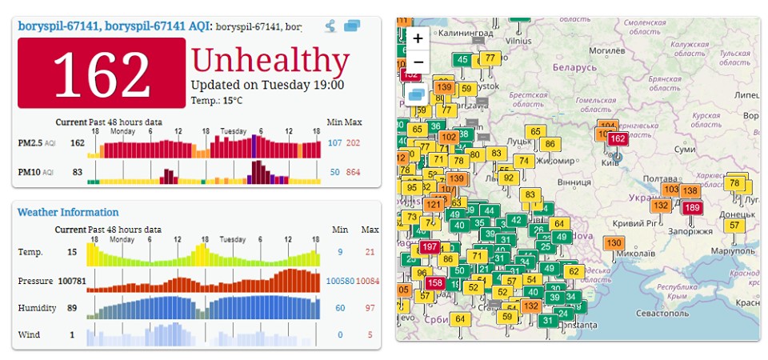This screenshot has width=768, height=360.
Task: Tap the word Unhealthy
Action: tap(270, 61)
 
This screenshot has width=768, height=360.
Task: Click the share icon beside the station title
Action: tap(331, 26)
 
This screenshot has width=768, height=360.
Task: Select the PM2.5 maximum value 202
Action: tap(353, 143)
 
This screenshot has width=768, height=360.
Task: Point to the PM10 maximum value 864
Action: tap(353, 172)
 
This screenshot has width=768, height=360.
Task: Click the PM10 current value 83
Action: tap(78, 172)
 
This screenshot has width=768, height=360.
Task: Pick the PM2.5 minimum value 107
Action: tap(334, 143)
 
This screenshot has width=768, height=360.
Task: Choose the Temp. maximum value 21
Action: tap(370, 253)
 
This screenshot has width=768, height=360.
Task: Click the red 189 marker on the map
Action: tap(692, 208)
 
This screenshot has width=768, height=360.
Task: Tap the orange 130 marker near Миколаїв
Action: tap(614, 243)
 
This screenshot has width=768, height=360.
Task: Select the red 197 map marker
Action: tap(430, 248)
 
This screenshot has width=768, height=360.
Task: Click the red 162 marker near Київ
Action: tap(617, 138)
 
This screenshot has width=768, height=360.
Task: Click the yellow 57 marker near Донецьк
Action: tap(734, 225)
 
